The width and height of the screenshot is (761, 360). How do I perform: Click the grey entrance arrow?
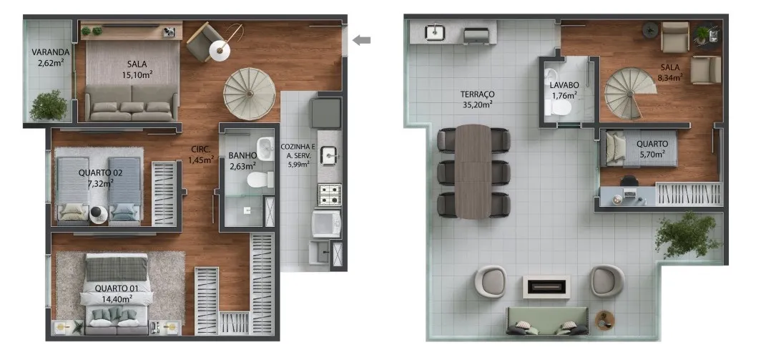tap(361, 40)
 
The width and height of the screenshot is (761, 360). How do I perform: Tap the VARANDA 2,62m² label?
tap(50, 57)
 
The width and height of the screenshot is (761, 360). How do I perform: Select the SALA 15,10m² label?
tap(137, 69)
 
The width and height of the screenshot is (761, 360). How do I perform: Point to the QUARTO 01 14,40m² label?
tap(117, 294)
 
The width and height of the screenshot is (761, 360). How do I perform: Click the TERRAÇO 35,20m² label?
tap(478, 99)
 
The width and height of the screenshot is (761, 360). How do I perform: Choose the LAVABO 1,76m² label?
tap(564, 90)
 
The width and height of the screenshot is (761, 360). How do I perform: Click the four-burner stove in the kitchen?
tap(330, 195)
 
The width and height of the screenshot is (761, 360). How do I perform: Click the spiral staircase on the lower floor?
tap(250, 94)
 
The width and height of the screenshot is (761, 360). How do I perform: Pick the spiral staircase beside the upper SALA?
tap(629, 94)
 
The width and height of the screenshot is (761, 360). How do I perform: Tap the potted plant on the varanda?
tap(48, 105)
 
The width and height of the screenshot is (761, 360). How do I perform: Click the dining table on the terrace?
tap(473, 172)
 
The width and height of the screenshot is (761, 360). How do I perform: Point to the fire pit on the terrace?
tap(546, 286)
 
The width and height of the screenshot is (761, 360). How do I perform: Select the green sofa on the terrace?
tap(547, 321)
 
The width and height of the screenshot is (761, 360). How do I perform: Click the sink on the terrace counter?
tap(435, 32)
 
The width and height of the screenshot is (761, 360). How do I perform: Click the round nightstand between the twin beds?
tap(97, 214)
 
